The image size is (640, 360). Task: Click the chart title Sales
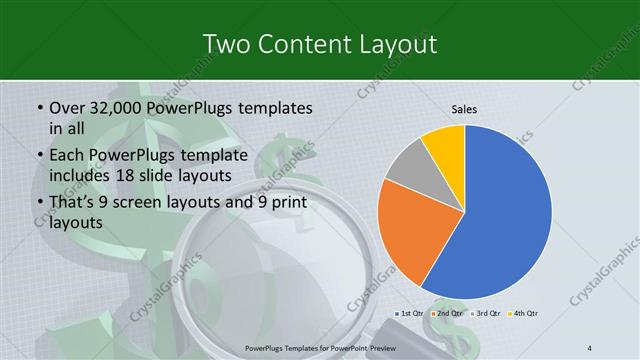coord(464,109)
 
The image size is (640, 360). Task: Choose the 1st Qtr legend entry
coord(411,314)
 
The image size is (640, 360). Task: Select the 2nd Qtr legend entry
coord(446,314)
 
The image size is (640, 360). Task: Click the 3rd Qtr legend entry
coord(483,314)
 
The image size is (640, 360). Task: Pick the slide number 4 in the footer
coord(590,346)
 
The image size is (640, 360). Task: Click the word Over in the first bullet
coord(66,107)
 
